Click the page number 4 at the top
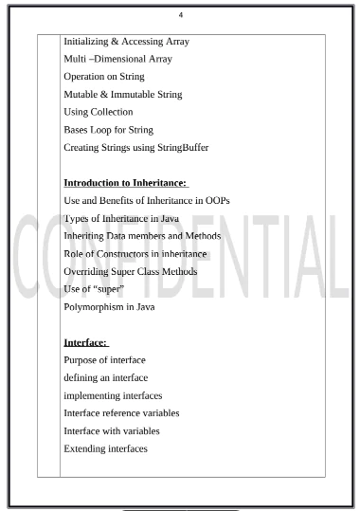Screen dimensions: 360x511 coord(180,14)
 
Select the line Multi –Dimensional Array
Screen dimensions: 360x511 coord(117,59)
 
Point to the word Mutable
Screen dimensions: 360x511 coord(81,95)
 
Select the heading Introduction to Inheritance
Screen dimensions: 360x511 coord(125,183)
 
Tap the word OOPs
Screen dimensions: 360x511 coord(214,201)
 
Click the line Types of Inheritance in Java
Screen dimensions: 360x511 coord(121,219)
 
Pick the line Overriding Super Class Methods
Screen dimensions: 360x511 coord(133,271)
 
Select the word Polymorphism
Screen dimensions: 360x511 coord(93,307)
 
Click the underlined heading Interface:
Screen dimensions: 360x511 coord(85,342)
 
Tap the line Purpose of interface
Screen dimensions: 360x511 coord(104,360)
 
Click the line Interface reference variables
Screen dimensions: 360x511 coord(121,413)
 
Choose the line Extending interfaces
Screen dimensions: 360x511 coord(106,448)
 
